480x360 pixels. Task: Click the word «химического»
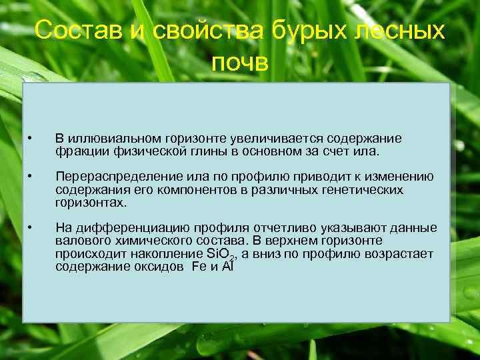point(154,240)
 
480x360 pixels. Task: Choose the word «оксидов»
point(158,265)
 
